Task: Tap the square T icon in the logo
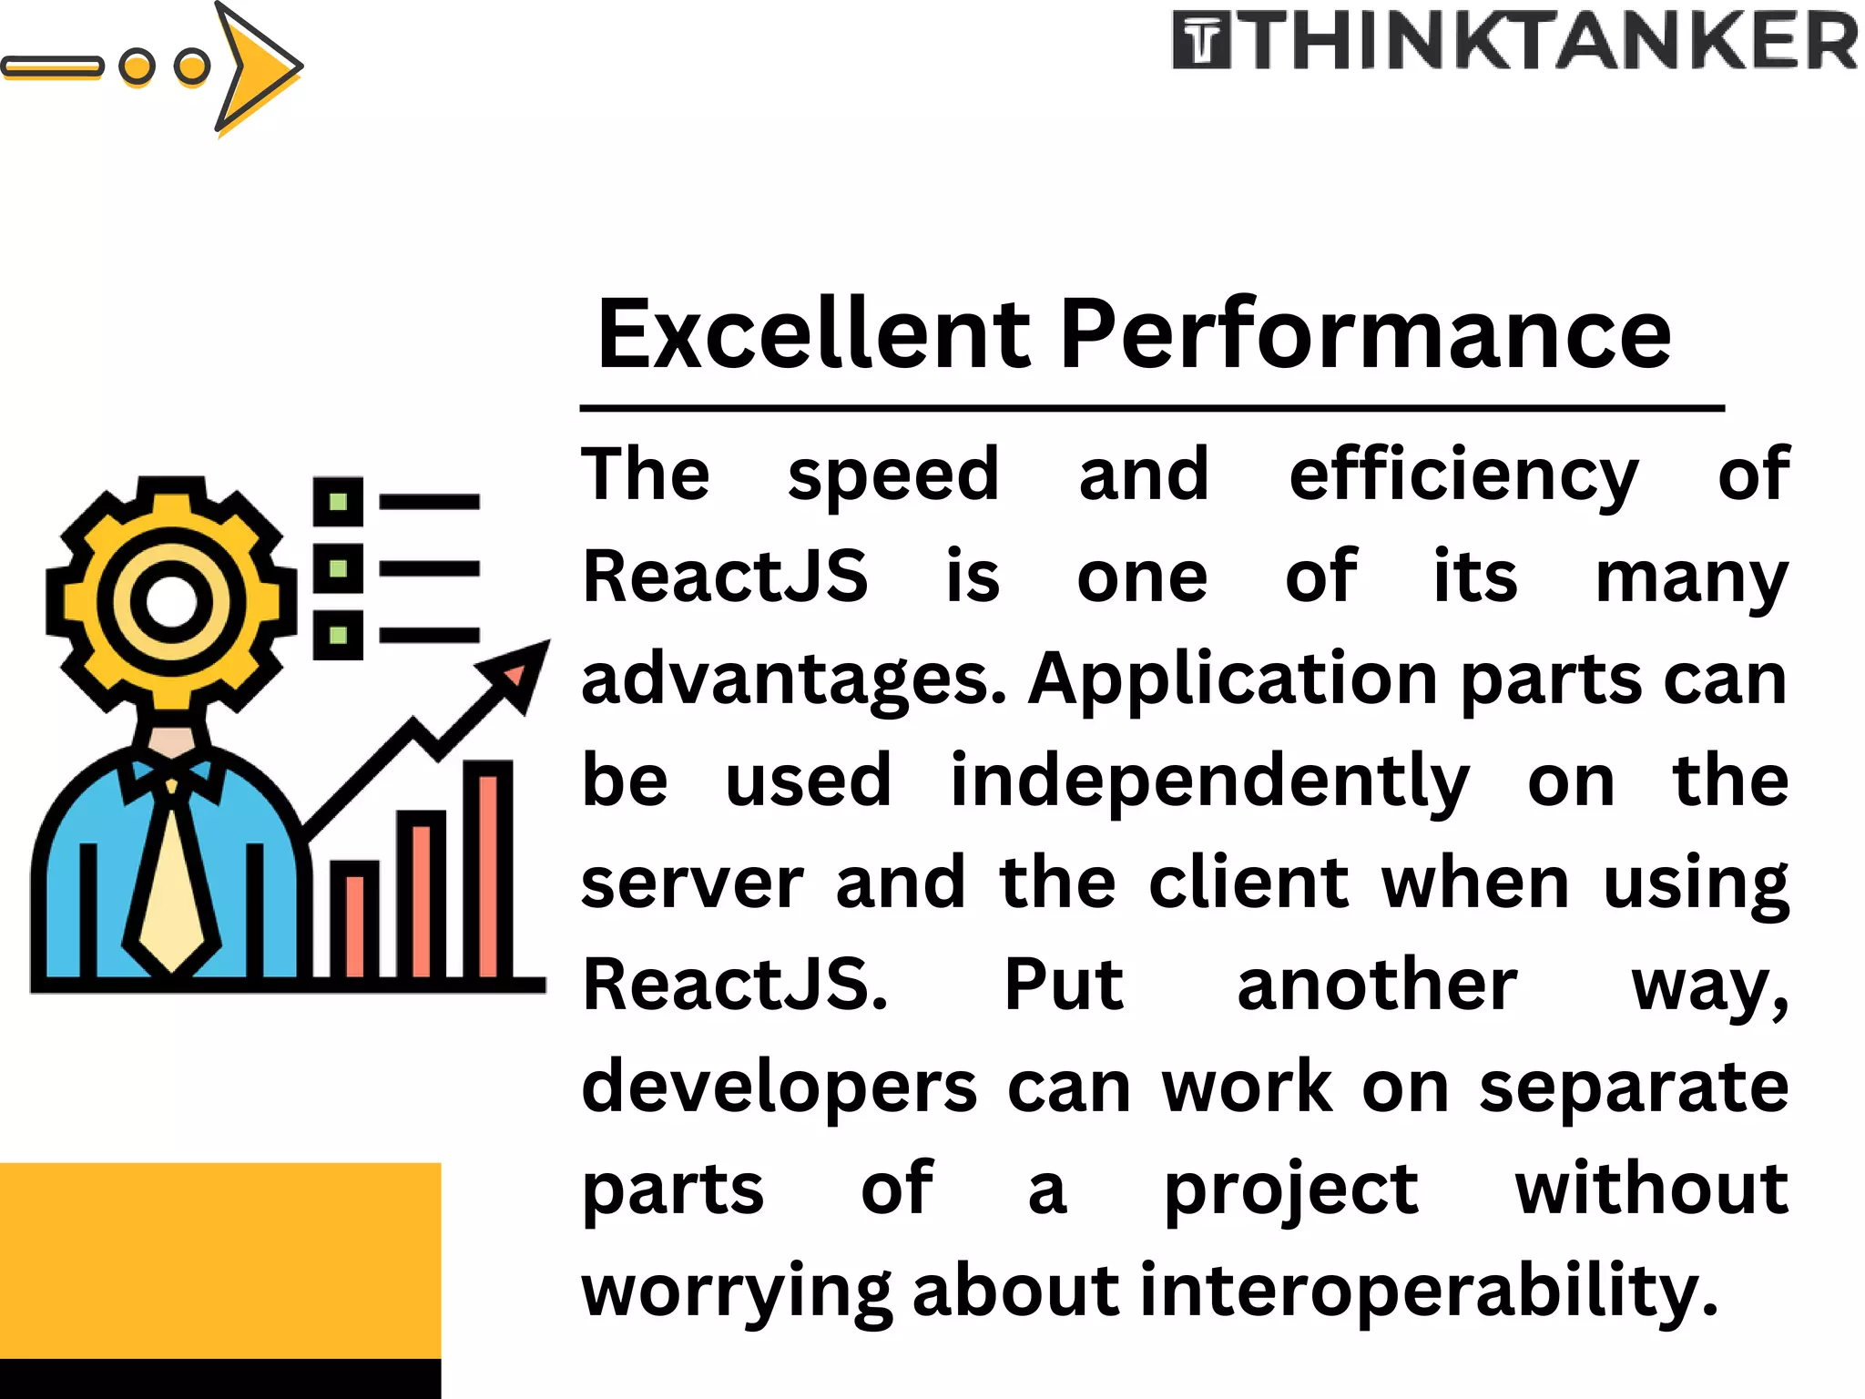point(1201,41)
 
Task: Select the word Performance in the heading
point(1365,334)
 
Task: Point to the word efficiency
point(1463,476)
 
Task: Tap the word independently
point(1209,782)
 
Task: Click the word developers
point(780,1088)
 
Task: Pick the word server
point(692,883)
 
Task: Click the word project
point(1291,1190)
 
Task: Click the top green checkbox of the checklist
point(338,501)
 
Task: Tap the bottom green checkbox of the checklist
point(338,635)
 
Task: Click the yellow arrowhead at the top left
point(255,66)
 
